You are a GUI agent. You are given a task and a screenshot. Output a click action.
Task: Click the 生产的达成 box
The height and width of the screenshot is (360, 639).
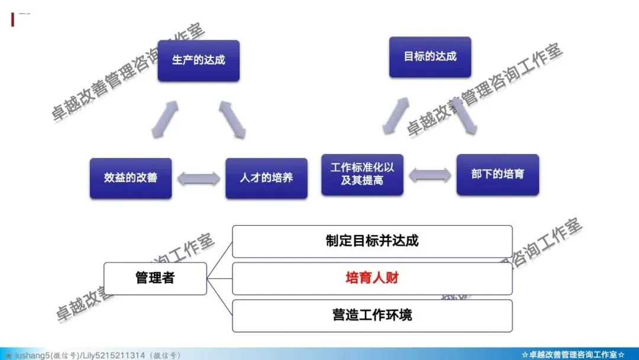coord(198,60)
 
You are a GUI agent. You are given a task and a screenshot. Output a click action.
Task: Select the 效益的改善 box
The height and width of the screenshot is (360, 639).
coord(131,178)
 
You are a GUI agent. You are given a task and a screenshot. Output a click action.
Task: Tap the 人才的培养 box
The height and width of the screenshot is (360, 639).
coord(266,178)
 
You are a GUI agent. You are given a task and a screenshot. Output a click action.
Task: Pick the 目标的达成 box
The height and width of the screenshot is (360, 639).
coord(430,57)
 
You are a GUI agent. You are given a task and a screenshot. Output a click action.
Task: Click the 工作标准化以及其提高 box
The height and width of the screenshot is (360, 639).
coord(362,175)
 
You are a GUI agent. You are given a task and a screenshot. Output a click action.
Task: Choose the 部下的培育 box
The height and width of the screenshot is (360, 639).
coord(498,175)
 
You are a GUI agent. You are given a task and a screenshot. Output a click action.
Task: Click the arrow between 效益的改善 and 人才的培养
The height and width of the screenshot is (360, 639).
coord(198,178)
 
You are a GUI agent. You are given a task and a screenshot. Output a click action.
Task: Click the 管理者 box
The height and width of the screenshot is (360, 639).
coord(155,278)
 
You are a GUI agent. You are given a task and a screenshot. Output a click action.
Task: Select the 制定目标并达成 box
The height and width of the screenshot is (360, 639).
coord(372,241)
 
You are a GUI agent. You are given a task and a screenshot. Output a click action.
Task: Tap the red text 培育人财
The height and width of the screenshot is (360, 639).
coord(372,278)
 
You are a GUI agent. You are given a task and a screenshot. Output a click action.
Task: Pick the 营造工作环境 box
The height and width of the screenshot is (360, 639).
coord(372,315)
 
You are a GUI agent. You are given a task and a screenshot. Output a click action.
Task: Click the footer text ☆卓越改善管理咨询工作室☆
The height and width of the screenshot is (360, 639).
coord(573,355)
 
